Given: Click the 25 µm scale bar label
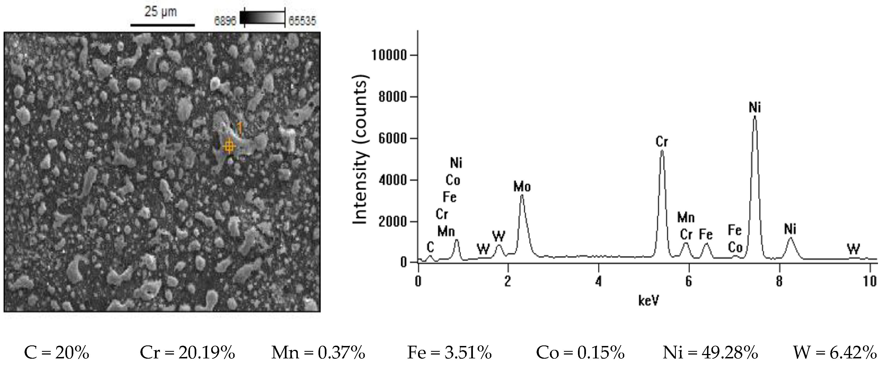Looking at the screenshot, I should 160,12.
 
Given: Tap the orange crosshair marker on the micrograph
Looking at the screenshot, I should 229,146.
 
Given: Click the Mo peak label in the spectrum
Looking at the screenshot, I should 522,187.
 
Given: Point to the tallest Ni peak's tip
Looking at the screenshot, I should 754,117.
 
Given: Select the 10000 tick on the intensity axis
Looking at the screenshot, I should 389,55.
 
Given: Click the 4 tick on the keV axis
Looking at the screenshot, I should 598,282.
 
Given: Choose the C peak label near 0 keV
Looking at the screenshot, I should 430,247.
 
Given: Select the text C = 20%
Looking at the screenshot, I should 57,353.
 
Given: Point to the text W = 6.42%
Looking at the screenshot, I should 834,353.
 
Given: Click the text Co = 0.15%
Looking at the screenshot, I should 580,353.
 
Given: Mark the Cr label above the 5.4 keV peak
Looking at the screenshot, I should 662,142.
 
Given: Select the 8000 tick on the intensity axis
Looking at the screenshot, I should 392,97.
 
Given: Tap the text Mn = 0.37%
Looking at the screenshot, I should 318,353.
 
